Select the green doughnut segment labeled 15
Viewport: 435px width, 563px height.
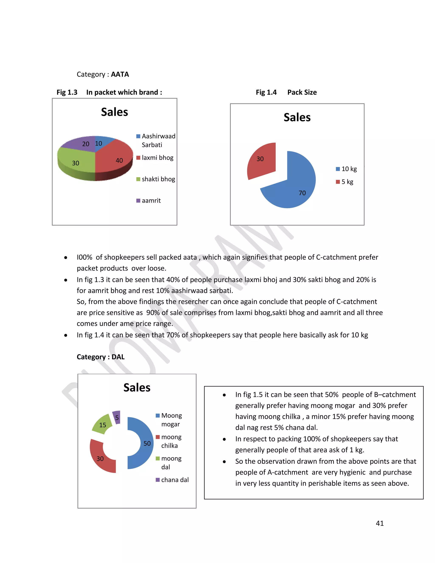[x=103, y=424]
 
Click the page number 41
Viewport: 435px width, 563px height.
[x=380, y=523]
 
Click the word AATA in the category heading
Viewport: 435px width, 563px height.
[x=120, y=74]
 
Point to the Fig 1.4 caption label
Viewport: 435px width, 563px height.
[x=266, y=92]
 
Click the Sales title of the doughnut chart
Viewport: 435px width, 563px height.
[x=137, y=388]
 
